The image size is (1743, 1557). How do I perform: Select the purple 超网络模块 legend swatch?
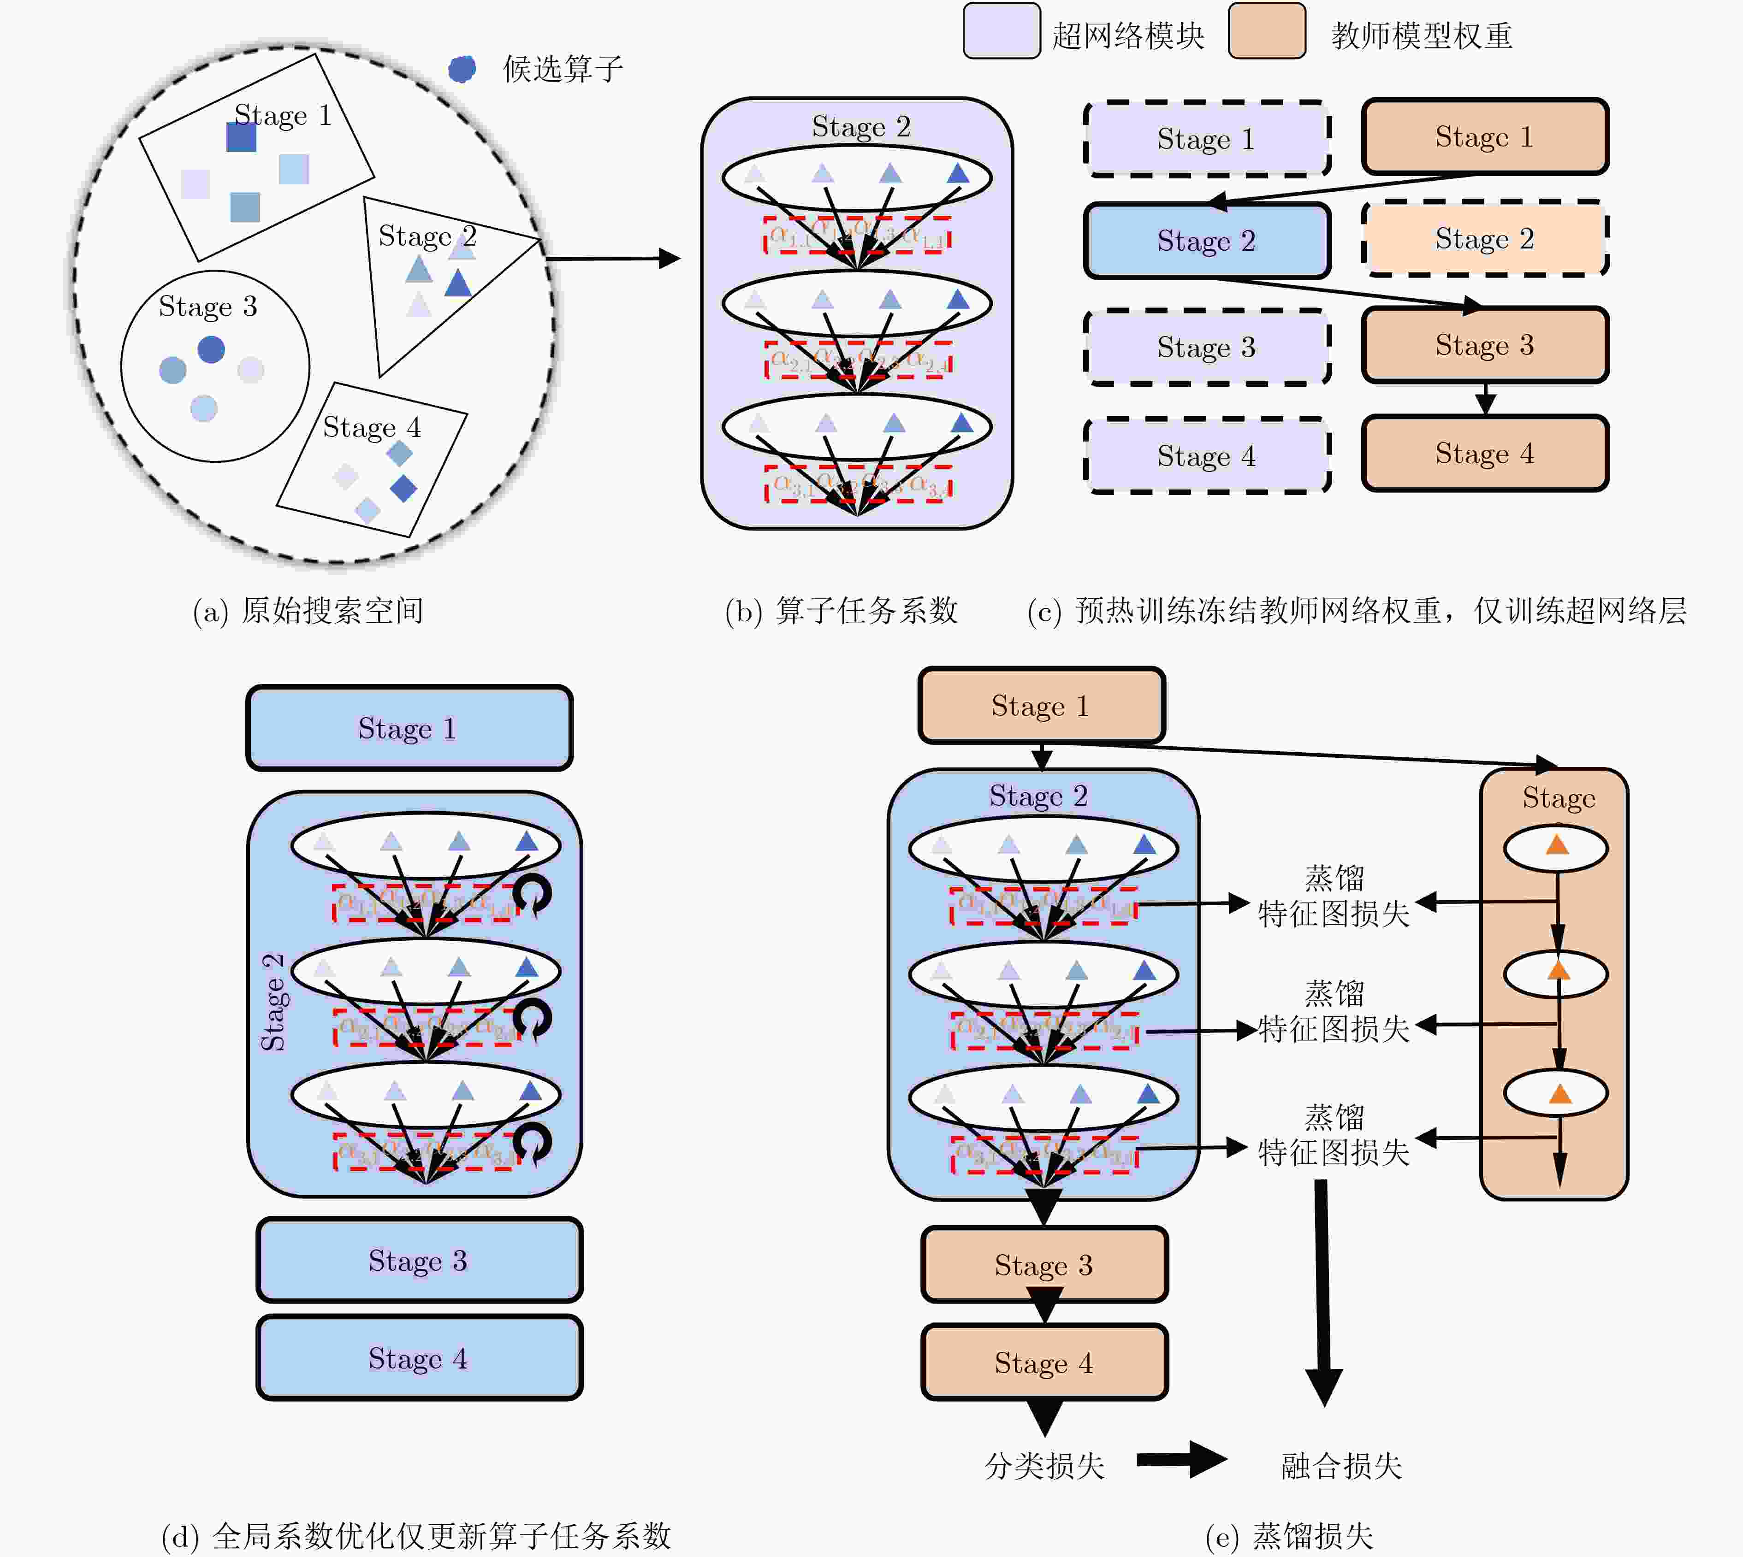(x=1001, y=31)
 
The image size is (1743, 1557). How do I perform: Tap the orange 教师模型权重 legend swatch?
(x=1266, y=31)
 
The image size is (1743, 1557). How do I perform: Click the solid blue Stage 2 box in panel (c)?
(x=1206, y=241)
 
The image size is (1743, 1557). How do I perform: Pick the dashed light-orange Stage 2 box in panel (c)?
(x=1485, y=239)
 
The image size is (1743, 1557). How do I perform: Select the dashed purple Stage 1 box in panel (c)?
(x=1206, y=139)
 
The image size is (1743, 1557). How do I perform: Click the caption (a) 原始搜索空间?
(x=308, y=611)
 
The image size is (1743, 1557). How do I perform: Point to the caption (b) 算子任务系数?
(x=841, y=611)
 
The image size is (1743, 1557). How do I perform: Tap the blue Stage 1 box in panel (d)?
(x=409, y=728)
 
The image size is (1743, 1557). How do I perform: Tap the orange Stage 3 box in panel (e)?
(x=1044, y=1264)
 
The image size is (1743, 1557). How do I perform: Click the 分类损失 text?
(x=1044, y=1465)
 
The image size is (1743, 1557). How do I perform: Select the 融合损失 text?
(x=1341, y=1465)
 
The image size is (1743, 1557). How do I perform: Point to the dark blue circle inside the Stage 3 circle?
(x=211, y=349)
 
